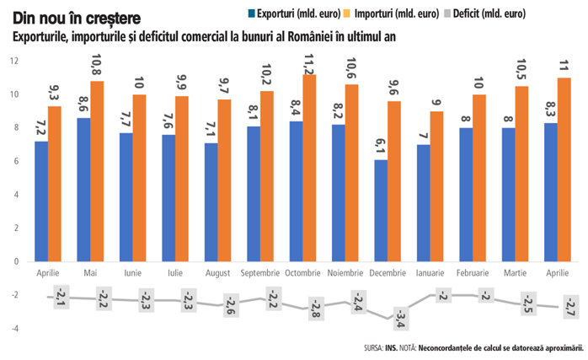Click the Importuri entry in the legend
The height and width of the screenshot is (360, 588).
395,14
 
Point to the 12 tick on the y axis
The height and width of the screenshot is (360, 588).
14,62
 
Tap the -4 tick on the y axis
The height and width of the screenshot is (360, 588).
14,328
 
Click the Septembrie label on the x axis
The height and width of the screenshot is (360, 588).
267,274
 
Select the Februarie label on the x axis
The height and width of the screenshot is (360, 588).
478,274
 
